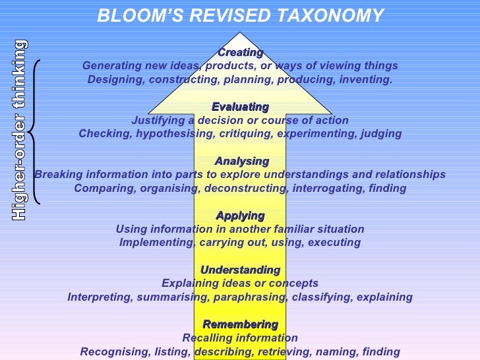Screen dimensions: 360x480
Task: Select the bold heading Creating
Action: point(240,52)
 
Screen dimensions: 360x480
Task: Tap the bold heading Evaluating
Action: point(240,107)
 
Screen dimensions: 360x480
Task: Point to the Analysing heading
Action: point(242,161)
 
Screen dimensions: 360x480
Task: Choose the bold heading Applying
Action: point(240,216)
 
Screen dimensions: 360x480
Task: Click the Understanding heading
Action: point(240,270)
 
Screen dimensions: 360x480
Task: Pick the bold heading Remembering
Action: point(240,324)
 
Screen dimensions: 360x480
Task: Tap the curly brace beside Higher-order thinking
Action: point(34,132)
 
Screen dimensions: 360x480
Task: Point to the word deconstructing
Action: point(251,189)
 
